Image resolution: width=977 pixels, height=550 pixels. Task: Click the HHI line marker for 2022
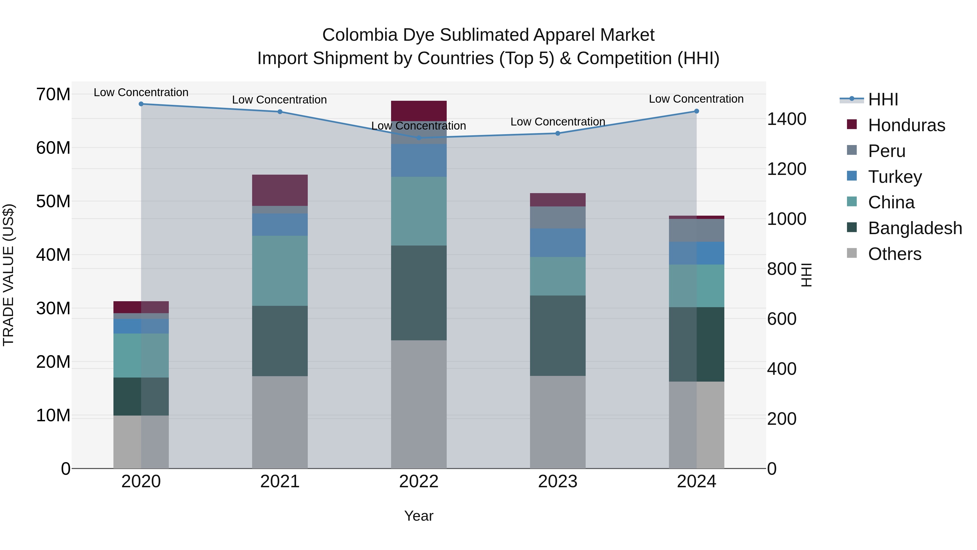(419, 138)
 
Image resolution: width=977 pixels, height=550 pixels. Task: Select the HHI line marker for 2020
(141, 104)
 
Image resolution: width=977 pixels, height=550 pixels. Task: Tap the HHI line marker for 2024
(696, 111)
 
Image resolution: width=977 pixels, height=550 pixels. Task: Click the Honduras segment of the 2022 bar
(419, 111)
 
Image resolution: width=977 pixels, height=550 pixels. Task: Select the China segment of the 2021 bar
(280, 271)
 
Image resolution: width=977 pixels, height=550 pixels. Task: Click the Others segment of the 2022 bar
(419, 404)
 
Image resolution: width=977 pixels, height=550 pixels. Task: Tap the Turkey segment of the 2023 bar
(557, 243)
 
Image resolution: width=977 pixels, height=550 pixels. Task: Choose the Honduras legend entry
(906, 125)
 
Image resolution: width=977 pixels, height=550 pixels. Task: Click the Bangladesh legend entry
(915, 228)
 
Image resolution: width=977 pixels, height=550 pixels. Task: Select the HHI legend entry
(883, 99)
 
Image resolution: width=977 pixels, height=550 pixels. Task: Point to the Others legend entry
(894, 254)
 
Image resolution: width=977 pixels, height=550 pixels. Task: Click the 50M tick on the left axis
(53, 201)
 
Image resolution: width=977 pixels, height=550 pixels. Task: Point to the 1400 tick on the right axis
(786, 119)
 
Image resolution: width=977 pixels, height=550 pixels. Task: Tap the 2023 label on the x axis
(557, 482)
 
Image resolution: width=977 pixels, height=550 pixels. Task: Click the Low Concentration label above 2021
(280, 100)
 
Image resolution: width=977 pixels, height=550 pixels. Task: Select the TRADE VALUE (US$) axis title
(8, 275)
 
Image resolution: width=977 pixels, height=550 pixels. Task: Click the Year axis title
(419, 516)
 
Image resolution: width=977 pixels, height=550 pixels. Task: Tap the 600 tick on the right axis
(781, 319)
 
